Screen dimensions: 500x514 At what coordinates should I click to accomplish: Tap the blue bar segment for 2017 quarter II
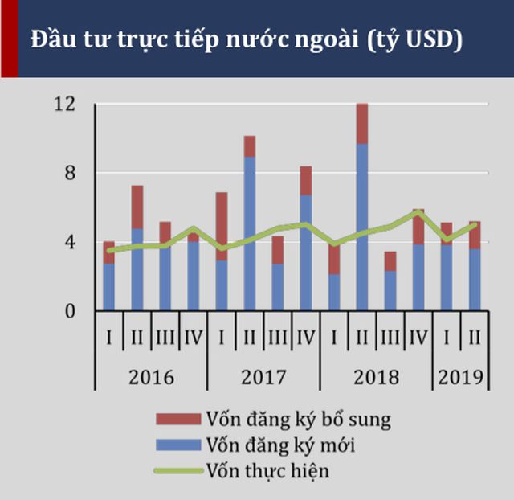(x=250, y=234)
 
